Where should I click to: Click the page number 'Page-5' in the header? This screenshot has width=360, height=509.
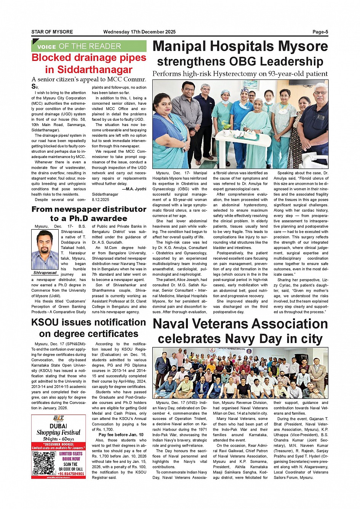[320, 32]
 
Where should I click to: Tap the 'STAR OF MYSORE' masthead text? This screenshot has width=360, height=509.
[52, 32]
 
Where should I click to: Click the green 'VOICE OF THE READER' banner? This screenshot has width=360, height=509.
[89, 46]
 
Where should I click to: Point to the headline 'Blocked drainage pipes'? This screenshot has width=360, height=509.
[89, 58]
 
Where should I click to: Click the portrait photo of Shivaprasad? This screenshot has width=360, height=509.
[45, 250]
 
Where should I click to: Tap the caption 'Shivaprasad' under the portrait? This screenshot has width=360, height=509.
[45, 273]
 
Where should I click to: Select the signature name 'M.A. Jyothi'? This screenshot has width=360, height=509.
[136, 189]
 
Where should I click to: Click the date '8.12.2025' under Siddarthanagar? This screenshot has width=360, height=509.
[101, 199]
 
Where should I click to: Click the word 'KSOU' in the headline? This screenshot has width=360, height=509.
[47, 322]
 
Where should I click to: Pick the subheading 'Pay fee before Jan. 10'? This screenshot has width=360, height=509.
[121, 435]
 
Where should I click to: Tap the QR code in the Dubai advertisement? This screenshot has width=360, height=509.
[44, 463]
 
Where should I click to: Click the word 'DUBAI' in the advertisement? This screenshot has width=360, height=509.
[58, 426]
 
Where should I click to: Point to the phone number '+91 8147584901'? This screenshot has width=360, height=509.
[71, 474]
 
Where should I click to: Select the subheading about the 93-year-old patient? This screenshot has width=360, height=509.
[240, 74]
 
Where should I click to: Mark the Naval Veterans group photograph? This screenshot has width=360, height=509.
[240, 373]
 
